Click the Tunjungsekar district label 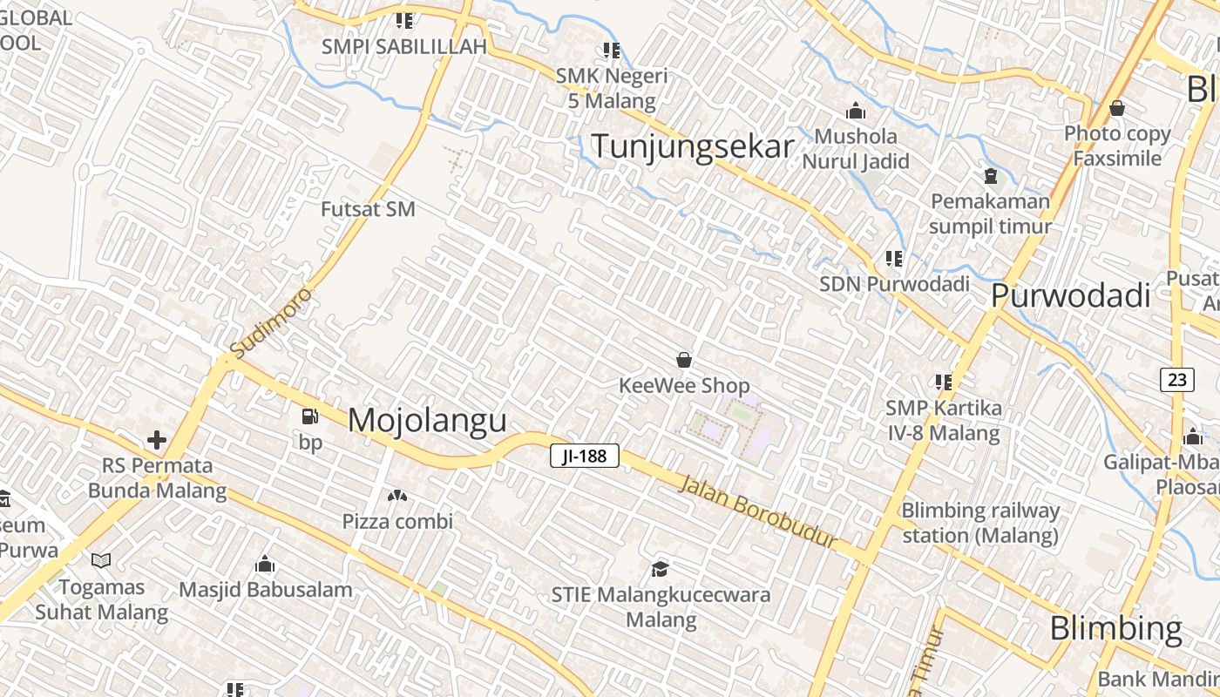pos(693,146)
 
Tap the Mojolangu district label pos(427,420)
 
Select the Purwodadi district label pos(1071,296)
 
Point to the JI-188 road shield pos(584,456)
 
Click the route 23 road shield pos(1176,380)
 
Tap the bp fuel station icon pos(309,417)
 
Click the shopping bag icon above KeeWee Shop pos(684,360)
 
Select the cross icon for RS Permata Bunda pos(157,440)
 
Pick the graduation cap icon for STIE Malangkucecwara pos(661,570)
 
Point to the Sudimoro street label pos(270,322)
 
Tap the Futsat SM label pos(368,210)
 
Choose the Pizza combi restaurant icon pos(397,497)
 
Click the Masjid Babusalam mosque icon pos(265,565)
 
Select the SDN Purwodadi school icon pos(893,259)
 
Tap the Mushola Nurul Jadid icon pos(856,112)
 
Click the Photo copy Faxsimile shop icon pos(1117,109)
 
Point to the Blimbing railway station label pos(980,522)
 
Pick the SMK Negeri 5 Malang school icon pos(612,51)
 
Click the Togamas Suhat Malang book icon pos(101,561)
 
